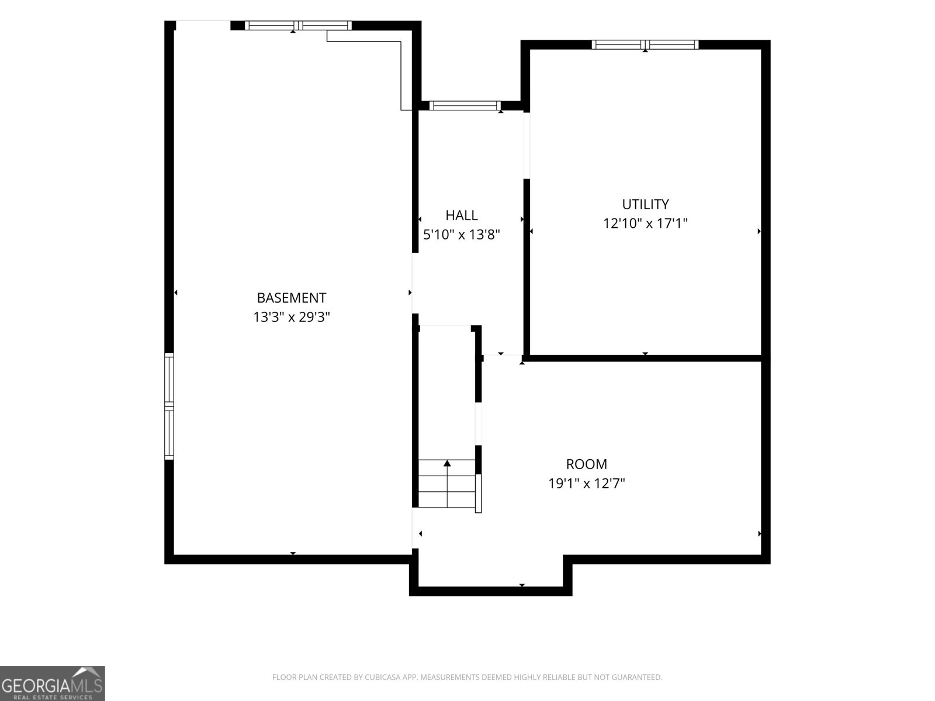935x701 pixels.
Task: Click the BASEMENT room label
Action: [292, 297]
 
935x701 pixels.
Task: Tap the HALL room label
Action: [461, 216]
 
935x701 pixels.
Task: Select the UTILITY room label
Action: [645, 204]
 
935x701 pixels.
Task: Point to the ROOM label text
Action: [587, 464]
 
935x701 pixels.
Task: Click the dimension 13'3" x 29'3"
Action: [292, 317]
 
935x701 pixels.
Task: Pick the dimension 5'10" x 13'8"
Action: [461, 234]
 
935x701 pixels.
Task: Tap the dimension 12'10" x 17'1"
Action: [645, 224]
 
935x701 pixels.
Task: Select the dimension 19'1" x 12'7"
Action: [587, 484]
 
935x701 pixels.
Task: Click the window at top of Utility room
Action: [645, 45]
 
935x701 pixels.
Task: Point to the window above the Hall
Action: [465, 106]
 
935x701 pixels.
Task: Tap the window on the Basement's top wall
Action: [298, 26]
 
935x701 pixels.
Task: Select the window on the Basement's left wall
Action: [169, 406]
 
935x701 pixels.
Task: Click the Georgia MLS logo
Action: [53, 683]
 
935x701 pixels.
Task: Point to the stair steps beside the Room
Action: [447, 484]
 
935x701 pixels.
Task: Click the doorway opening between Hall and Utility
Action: [527, 145]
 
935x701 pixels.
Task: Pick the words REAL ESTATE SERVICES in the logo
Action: [53, 697]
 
